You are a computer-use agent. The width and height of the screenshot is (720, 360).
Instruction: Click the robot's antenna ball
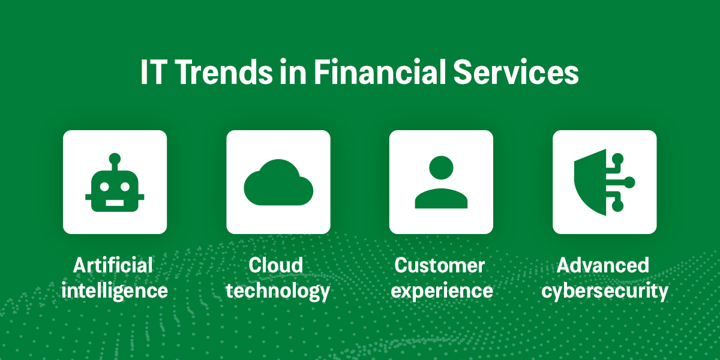point(115,159)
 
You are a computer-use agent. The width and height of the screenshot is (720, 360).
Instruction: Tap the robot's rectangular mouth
point(115,202)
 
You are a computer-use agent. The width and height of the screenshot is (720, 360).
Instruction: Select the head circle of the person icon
point(441,169)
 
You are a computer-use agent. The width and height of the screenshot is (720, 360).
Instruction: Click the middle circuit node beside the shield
point(629,183)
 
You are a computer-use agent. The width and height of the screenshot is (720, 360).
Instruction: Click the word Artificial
point(113,265)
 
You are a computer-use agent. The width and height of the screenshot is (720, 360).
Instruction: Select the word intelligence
point(115,291)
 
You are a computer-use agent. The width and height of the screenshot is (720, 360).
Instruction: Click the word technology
point(278,291)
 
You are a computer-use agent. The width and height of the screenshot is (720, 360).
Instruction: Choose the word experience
point(441,292)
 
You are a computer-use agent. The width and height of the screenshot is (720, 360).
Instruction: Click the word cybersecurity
point(605,292)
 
